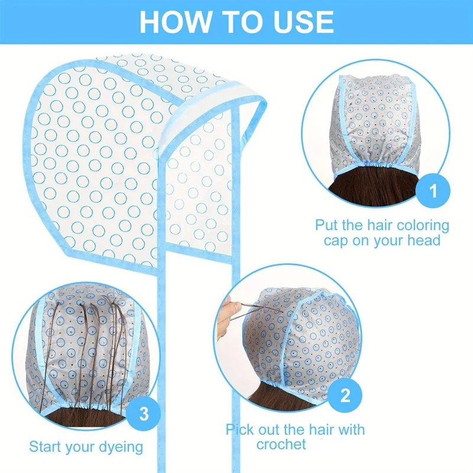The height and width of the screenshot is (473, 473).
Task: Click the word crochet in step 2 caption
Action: (x=281, y=444)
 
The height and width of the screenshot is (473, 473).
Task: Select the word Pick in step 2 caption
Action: (x=243, y=429)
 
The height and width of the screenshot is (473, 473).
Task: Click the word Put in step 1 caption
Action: (x=327, y=225)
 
